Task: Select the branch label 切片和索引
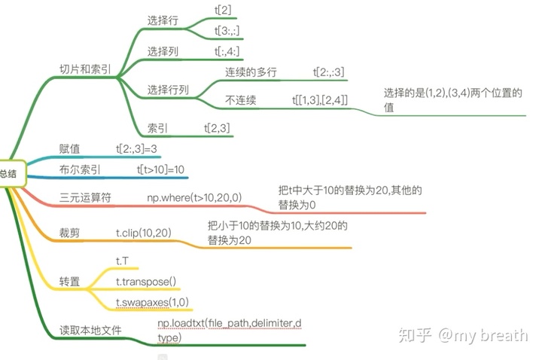point(86,69)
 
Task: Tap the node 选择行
point(162,21)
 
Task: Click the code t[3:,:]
point(227,31)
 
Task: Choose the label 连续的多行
point(251,72)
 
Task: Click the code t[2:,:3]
point(329,72)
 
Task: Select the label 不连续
point(240,100)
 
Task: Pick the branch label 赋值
point(70,148)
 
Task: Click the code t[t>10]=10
point(161,170)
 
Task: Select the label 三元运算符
point(85,198)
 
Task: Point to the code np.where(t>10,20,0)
point(194,198)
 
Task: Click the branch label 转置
point(70,282)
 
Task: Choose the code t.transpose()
point(146,282)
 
